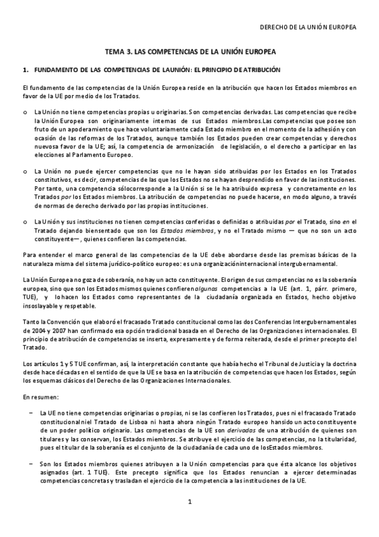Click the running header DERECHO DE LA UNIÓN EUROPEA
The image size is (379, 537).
pos(309,28)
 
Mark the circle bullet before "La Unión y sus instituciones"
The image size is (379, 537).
pos(25,221)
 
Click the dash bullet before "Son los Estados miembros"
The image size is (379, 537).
pos(25,464)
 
